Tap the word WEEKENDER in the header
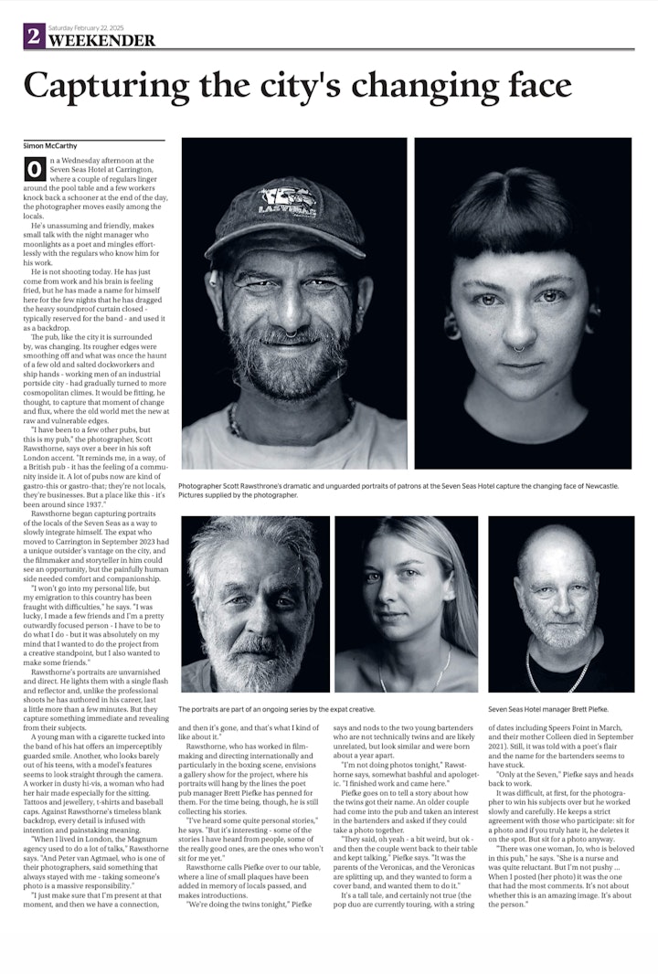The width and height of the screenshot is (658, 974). pos(101,40)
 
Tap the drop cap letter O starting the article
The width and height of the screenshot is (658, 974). pos(35,169)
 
